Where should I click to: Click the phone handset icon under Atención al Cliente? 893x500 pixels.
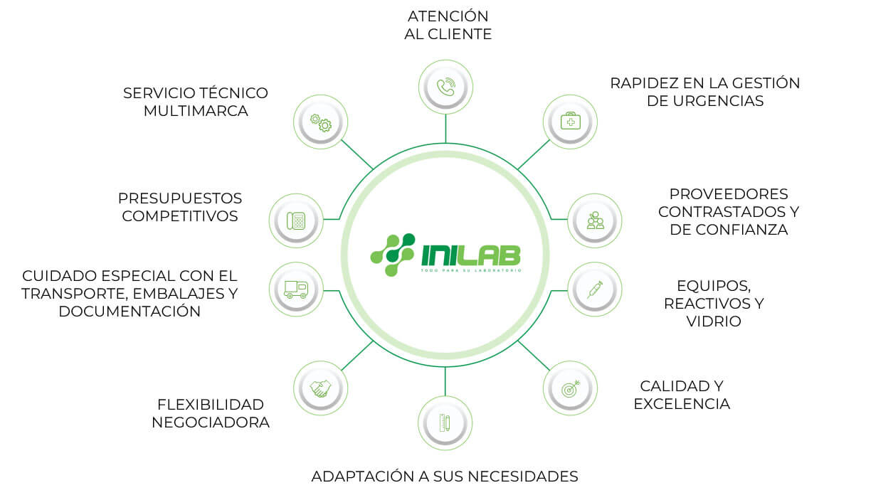(445, 87)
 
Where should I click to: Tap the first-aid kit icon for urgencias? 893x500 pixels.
(570, 122)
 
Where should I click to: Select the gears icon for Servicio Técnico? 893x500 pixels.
(320, 122)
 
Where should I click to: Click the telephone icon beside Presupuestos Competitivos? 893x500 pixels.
(296, 220)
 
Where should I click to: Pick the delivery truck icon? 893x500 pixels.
(296, 289)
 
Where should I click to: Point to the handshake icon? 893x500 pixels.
(320, 388)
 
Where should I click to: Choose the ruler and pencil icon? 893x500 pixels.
(445, 423)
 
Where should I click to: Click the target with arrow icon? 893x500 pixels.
(570, 388)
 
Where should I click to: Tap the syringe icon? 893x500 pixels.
(595, 289)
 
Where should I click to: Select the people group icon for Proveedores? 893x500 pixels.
(595, 220)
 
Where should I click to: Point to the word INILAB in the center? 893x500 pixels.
(470, 253)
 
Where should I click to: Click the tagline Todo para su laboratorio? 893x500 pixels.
(470, 270)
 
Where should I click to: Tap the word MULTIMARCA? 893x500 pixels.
(196, 112)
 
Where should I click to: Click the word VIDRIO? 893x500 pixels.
(714, 321)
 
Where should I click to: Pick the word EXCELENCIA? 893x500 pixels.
(682, 405)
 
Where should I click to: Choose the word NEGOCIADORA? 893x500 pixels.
(211, 422)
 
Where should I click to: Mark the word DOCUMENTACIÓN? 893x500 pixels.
(130, 312)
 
